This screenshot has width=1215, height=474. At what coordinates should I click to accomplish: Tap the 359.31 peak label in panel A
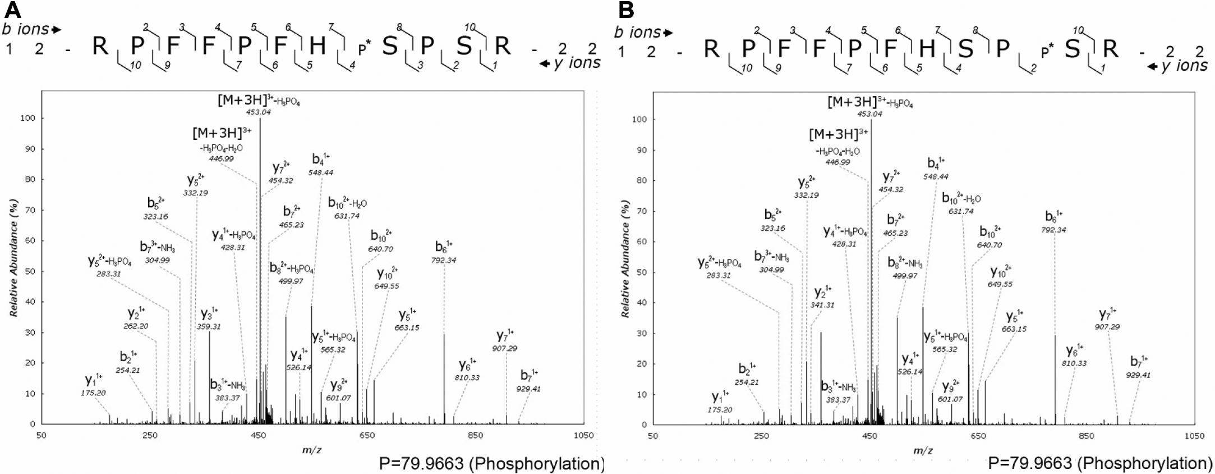209,326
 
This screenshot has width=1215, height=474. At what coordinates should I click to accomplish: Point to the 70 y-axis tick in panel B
638,211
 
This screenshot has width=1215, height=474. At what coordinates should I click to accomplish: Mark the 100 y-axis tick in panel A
24,118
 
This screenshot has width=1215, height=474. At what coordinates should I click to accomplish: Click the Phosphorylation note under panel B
1099,463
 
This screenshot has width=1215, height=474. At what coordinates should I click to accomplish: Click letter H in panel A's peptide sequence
317,46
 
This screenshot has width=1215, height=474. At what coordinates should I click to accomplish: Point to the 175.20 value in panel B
720,409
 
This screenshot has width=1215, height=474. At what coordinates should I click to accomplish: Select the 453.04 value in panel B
871,113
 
